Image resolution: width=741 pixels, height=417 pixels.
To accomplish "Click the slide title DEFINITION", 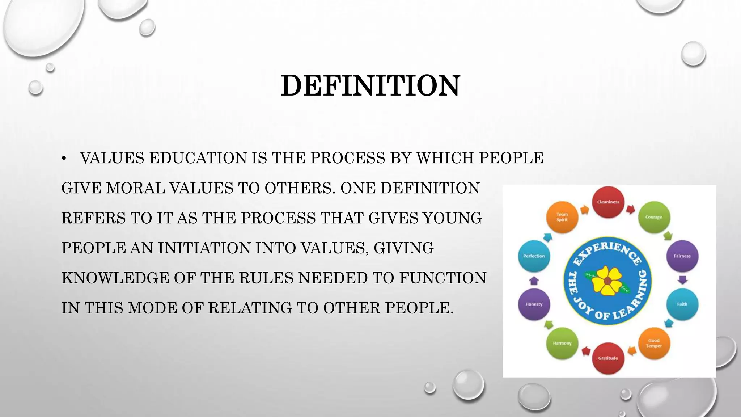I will [x=370, y=85].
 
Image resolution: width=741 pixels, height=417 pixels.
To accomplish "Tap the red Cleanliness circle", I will [x=608, y=202].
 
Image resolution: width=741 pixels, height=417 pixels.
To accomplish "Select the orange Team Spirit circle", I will [x=562, y=217].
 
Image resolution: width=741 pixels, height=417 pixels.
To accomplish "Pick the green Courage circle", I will [x=653, y=217].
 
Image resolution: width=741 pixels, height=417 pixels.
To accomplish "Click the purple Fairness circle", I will [x=682, y=256].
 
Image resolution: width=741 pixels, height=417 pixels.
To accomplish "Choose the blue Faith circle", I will [x=682, y=304].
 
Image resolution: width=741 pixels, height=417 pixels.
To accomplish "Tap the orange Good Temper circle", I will [x=654, y=343].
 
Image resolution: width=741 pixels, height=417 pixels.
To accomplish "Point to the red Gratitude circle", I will [x=608, y=358].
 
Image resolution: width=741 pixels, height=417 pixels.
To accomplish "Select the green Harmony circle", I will [x=562, y=343].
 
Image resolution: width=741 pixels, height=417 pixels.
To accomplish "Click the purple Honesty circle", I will [x=534, y=304].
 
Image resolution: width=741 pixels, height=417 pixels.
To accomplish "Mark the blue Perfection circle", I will [x=534, y=256].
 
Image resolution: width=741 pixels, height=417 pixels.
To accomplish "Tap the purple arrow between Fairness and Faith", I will [x=682, y=280].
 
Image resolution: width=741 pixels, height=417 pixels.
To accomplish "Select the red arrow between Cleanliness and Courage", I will [x=631, y=209].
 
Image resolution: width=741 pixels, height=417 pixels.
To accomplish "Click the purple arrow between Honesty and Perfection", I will [x=534, y=280].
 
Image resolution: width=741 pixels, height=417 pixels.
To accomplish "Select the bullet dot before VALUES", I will [x=64, y=158].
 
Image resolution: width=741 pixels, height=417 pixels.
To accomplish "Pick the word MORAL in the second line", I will [x=135, y=188].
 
